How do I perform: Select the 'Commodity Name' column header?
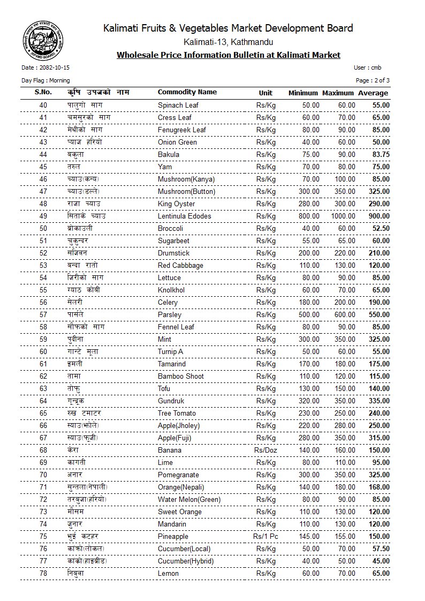point(187,92)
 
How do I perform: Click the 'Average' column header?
point(373,93)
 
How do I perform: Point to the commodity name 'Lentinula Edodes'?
point(184,216)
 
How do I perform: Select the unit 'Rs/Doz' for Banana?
point(265,450)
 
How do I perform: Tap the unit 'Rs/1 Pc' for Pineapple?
point(265,536)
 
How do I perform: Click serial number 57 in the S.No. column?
point(43,314)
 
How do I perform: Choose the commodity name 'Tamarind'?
point(172,364)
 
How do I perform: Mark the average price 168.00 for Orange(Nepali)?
point(379,487)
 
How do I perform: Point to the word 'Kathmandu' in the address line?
point(253,42)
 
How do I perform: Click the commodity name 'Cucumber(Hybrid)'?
point(186,561)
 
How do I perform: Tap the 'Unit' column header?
point(265,93)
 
